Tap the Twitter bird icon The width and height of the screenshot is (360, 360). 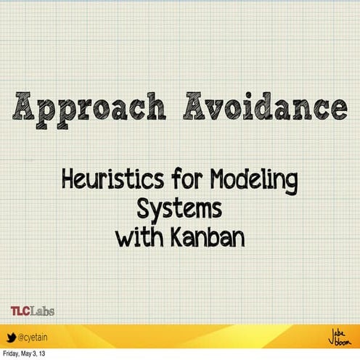[11, 337]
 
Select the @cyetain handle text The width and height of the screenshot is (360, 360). [35, 337]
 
